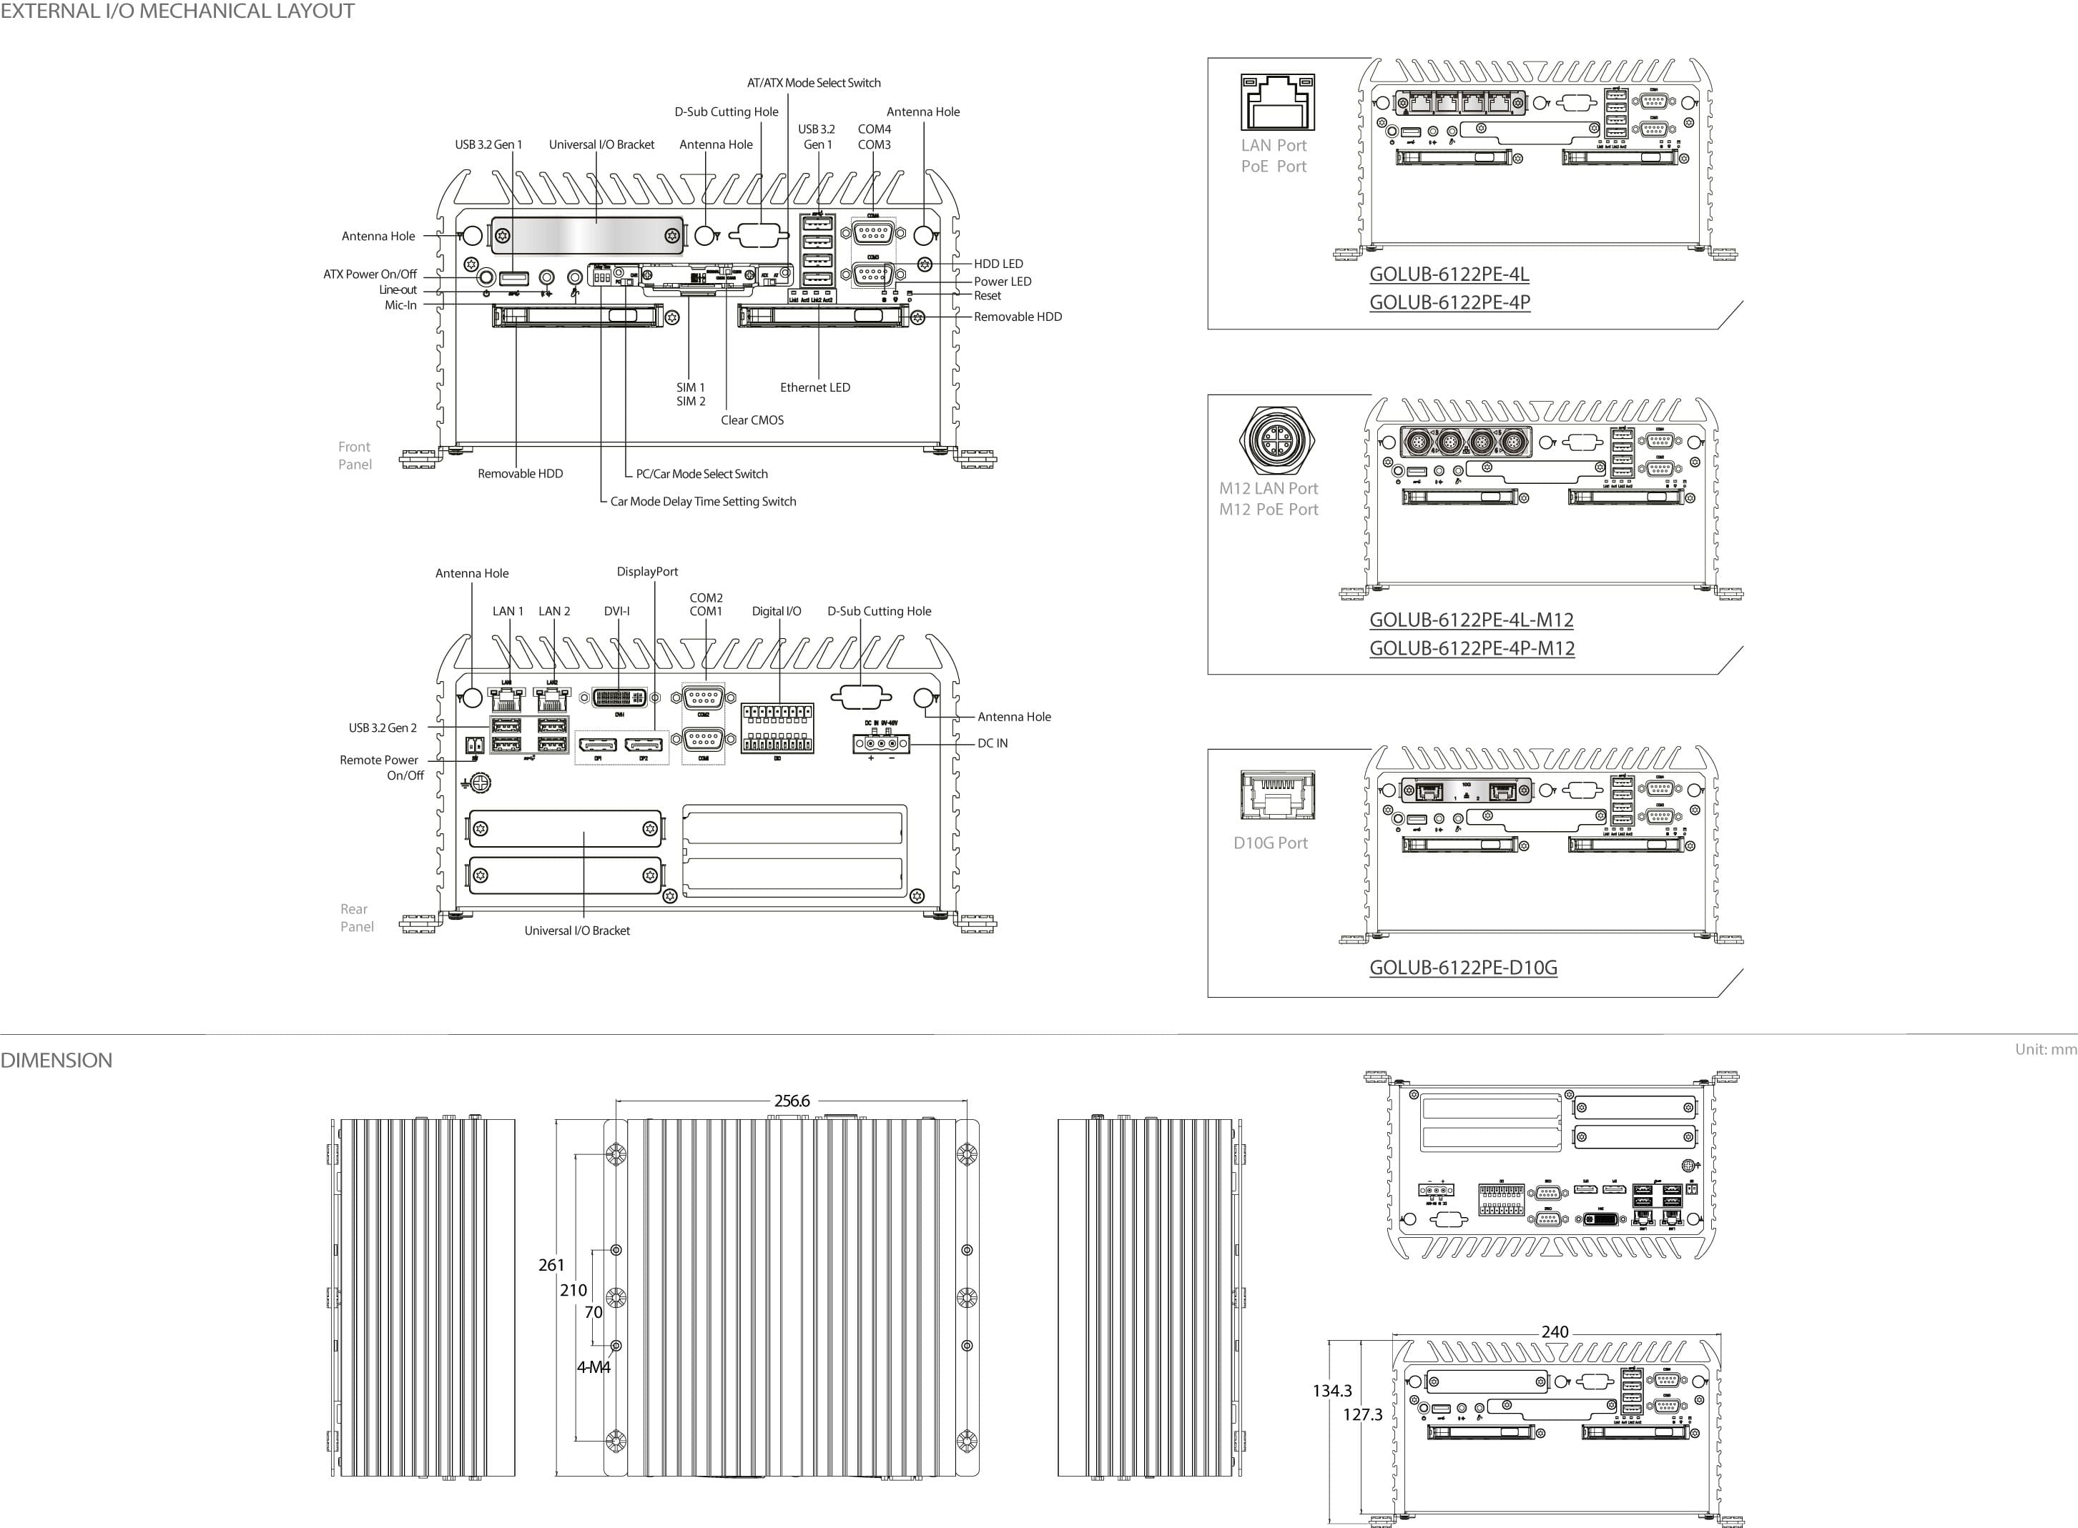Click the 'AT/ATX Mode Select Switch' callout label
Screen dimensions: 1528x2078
click(x=813, y=83)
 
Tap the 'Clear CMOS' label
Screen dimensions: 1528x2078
click(x=752, y=420)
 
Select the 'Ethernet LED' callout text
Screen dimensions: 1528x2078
click(x=814, y=387)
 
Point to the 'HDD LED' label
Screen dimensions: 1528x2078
click(x=998, y=264)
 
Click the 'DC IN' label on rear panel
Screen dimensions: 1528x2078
click(x=992, y=743)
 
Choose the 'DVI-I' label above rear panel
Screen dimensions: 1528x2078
click(x=616, y=611)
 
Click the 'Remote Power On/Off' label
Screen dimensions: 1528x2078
click(x=380, y=767)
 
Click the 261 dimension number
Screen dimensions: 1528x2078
click(x=551, y=1264)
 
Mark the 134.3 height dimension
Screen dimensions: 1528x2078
click(x=1331, y=1390)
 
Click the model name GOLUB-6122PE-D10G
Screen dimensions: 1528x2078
click(x=1463, y=968)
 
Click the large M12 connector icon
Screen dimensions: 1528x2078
click(x=1277, y=440)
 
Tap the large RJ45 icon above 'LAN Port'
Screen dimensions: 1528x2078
click(x=1277, y=101)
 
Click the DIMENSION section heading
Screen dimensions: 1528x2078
click(x=56, y=1060)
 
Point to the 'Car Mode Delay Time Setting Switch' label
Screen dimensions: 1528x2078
click(x=702, y=501)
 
